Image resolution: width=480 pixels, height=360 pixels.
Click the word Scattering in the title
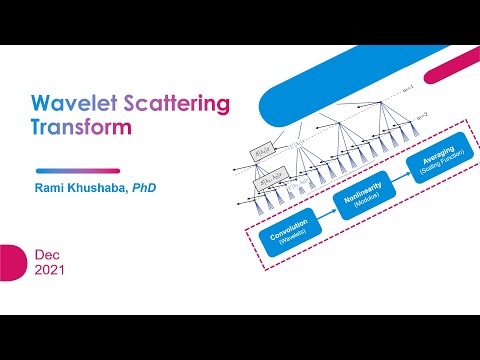pos(175,104)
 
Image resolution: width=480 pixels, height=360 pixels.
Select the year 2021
pos(50,270)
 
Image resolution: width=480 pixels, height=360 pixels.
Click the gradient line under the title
pos(78,170)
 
